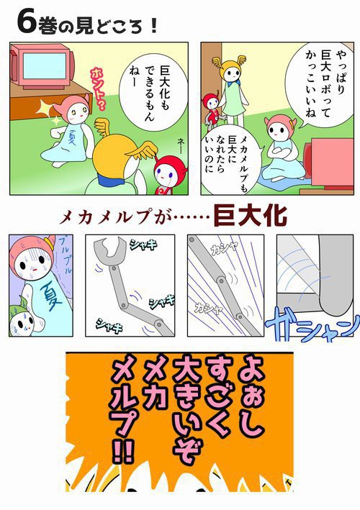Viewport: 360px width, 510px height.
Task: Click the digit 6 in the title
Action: pyautogui.click(x=24, y=23)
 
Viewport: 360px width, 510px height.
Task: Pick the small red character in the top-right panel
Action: pyautogui.click(x=211, y=106)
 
